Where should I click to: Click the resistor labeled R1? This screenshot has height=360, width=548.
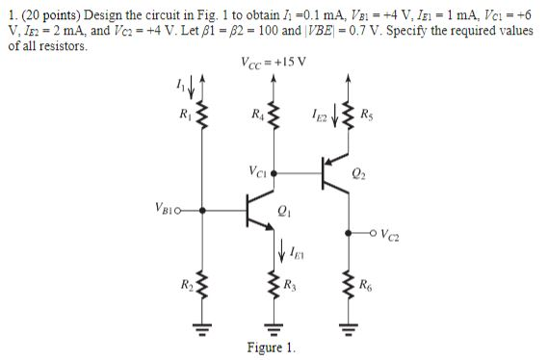click(x=203, y=121)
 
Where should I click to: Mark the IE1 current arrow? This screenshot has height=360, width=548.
click(x=280, y=253)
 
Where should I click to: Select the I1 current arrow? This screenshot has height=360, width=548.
click(x=196, y=94)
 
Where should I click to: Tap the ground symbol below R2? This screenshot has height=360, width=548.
click(x=203, y=324)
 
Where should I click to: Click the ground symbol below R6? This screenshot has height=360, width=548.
click(x=346, y=324)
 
